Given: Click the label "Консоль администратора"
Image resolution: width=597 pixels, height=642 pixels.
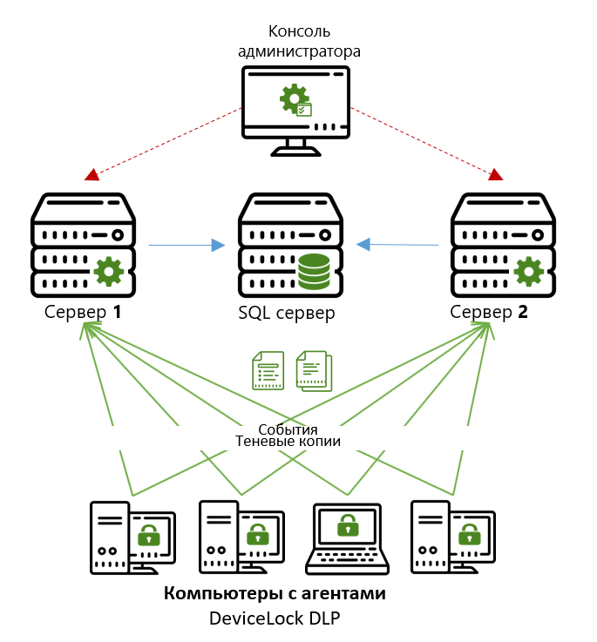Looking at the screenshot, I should pyautogui.click(x=299, y=41).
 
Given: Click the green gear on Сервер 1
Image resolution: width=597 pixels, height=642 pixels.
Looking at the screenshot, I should pyautogui.click(x=108, y=271).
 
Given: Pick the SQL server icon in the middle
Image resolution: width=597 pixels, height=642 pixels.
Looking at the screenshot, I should pyautogui.click(x=291, y=245).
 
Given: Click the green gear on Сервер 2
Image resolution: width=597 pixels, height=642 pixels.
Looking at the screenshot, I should pyautogui.click(x=528, y=271).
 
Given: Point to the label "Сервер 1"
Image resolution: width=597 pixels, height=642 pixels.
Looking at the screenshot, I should pyautogui.click(x=82, y=311).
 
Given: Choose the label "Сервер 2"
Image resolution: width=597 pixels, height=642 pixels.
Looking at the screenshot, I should pyautogui.click(x=490, y=311).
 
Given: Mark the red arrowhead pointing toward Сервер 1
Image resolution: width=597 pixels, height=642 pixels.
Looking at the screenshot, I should pyautogui.click(x=92, y=175).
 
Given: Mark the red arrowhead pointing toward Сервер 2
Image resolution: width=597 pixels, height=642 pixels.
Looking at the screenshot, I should pyautogui.click(x=496, y=174).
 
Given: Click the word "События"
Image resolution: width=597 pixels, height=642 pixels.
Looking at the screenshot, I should pyautogui.click(x=288, y=429).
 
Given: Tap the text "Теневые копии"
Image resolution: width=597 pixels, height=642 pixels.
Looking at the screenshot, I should pyautogui.click(x=288, y=442).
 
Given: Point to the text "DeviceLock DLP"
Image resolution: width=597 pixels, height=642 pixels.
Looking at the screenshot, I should pyautogui.click(x=275, y=618).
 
